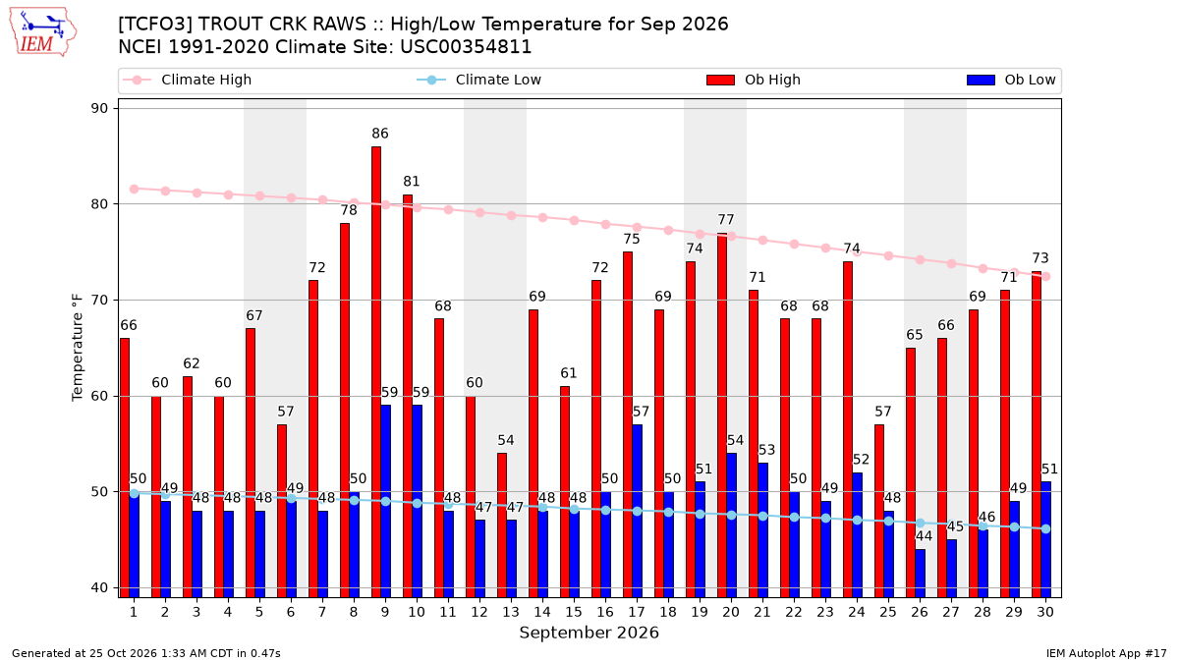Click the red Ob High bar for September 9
coord(376,372)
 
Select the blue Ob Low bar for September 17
coord(637,511)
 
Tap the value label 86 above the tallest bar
coord(380,134)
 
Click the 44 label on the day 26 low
coord(924,536)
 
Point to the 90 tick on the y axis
coord(99,108)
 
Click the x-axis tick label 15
coord(574,612)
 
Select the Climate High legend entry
coord(187,80)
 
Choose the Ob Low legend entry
coord(1011,80)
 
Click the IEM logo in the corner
coord(43,32)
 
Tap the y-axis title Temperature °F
coord(78,348)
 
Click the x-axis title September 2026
coord(589,633)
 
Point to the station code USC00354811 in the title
coord(466,47)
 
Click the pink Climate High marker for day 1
coord(135,189)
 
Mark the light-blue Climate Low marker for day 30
coord(1045,528)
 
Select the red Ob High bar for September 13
coord(502,525)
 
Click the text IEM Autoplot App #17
coord(1106,653)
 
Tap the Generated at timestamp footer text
coord(145,653)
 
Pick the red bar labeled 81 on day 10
coord(408,396)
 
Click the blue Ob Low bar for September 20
coord(732,525)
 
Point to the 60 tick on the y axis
coord(99,396)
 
